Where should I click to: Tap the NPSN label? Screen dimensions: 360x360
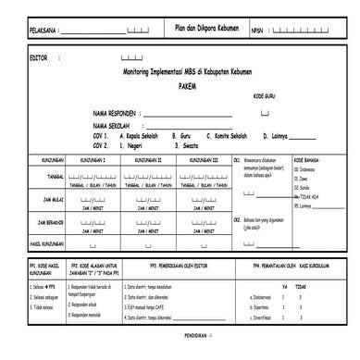(x=256, y=31)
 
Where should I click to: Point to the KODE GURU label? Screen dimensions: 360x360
(x=266, y=95)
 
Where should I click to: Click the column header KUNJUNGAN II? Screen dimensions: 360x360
(x=152, y=159)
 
